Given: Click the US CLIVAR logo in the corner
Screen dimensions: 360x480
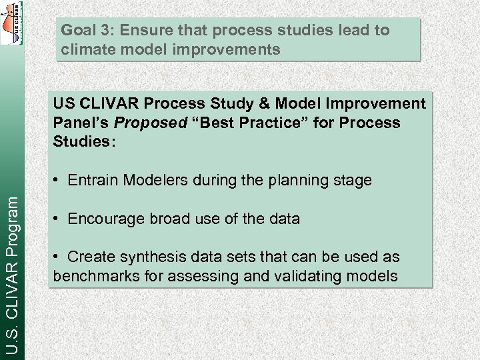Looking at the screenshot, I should pyautogui.click(x=11, y=23).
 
